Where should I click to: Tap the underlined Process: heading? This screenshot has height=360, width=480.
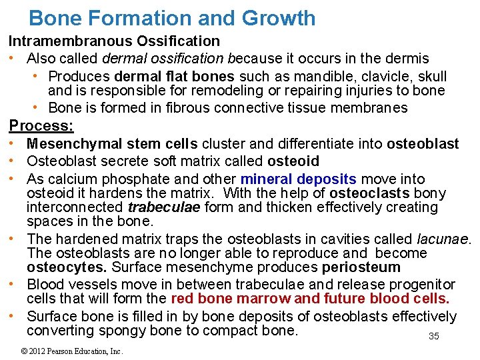click(x=41, y=125)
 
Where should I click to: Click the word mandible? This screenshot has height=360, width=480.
click(x=299, y=77)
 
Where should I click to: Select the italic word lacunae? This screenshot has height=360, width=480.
click(x=443, y=239)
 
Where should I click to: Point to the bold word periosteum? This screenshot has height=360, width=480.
click(x=361, y=267)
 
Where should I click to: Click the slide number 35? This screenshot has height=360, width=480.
click(x=433, y=336)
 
